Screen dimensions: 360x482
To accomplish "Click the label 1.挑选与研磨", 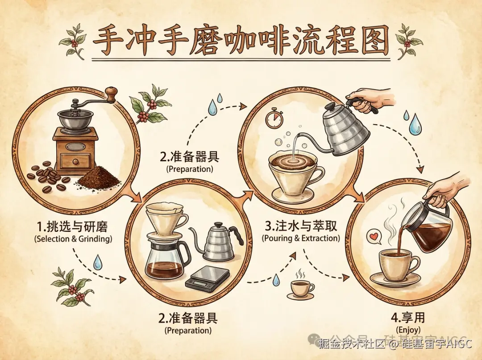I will (73, 226).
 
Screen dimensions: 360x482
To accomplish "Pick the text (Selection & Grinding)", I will (73, 239).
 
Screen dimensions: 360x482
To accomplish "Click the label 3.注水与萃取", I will (300, 226).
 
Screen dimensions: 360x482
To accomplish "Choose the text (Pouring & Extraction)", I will (300, 238).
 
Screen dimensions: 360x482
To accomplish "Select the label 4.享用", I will (408, 318).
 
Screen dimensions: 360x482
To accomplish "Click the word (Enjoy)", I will (408, 330).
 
